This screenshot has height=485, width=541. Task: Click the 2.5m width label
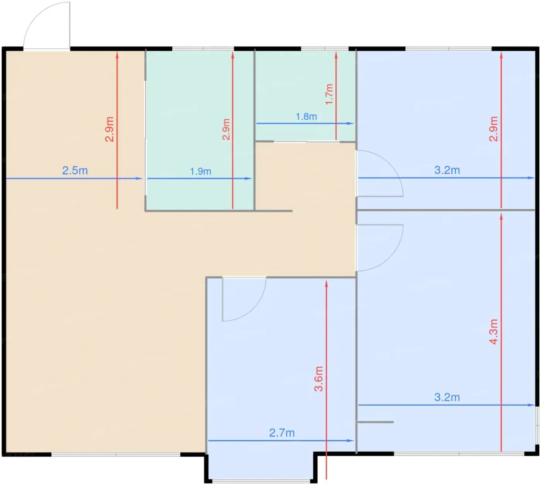coord(75,171)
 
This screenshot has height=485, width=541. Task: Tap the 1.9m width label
coord(201,171)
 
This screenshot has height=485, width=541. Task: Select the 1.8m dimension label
coord(306,116)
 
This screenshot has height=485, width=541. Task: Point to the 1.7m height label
coord(329,94)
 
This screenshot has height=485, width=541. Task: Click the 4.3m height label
coord(493,331)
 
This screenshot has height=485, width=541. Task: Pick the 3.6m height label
coord(318,379)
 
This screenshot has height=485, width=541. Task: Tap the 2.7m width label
coord(282,433)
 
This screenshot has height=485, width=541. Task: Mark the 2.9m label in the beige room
coord(109,129)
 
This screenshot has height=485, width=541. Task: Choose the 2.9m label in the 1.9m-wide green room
coord(226,129)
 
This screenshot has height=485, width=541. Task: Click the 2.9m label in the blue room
coord(493,129)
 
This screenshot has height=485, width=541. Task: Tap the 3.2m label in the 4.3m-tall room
coord(447,397)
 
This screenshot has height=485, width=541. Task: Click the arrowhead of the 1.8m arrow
coord(350,123)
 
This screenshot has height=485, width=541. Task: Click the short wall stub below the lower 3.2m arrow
coord(375,422)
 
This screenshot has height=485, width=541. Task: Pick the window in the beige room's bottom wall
coord(116,454)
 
